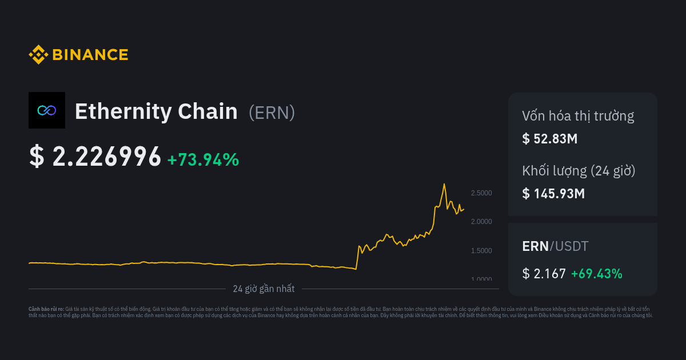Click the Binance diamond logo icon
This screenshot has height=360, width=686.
coord(38,55)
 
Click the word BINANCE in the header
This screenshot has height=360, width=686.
coord(90,55)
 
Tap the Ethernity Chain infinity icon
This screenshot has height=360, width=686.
coord(47,110)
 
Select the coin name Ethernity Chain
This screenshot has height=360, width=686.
coord(156,111)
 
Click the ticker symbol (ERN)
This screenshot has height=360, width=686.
coord(272,113)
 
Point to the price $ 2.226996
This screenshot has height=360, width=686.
coord(95,157)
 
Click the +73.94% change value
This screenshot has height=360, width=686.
coord(203,160)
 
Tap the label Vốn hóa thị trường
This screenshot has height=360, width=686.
coord(578,116)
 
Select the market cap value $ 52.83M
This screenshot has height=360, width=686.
coord(550,138)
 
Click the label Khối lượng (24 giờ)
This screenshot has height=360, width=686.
coord(579,171)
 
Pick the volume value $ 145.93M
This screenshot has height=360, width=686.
coord(553,193)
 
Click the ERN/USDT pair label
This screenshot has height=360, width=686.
coord(555,246)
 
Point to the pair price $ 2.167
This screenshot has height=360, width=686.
coord(544,274)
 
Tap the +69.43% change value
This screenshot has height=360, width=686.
coord(597,274)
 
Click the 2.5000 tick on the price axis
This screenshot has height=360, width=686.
coord(481,193)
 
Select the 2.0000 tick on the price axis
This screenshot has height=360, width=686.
coord(481,222)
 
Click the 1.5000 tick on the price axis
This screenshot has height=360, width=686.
coord(481,251)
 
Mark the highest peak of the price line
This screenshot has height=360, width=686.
coord(444,184)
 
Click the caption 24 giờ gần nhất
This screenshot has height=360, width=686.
coord(264,289)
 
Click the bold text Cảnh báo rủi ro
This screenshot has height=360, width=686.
coord(46,309)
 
